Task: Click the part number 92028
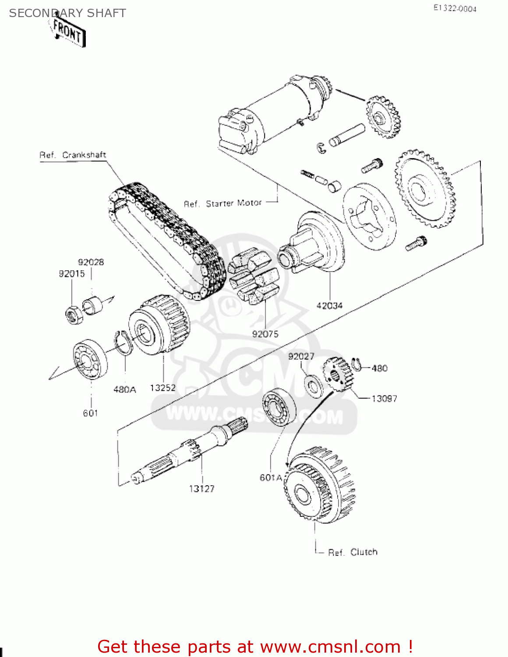[x=91, y=262]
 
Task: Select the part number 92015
[x=72, y=274]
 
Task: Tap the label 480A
[x=125, y=389]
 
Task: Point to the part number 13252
[x=162, y=388]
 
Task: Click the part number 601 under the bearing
[x=91, y=413]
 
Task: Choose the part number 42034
[x=329, y=306]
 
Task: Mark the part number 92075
[x=265, y=334]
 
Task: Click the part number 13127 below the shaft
[x=202, y=489]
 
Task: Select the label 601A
[x=271, y=477]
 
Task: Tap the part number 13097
[x=384, y=399]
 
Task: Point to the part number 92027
[x=301, y=357]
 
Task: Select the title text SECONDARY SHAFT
[x=67, y=13]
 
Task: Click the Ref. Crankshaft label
[x=73, y=155]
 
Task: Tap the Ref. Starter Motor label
[x=222, y=204]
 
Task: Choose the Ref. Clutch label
[x=353, y=552]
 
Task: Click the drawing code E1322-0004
[x=455, y=8]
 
